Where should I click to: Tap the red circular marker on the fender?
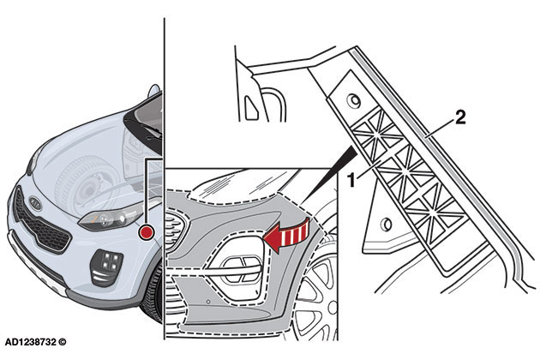click(x=148, y=231)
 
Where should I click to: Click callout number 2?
click(x=460, y=117)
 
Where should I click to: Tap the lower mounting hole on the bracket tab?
click(x=386, y=225)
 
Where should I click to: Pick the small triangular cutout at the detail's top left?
click(x=249, y=106)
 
